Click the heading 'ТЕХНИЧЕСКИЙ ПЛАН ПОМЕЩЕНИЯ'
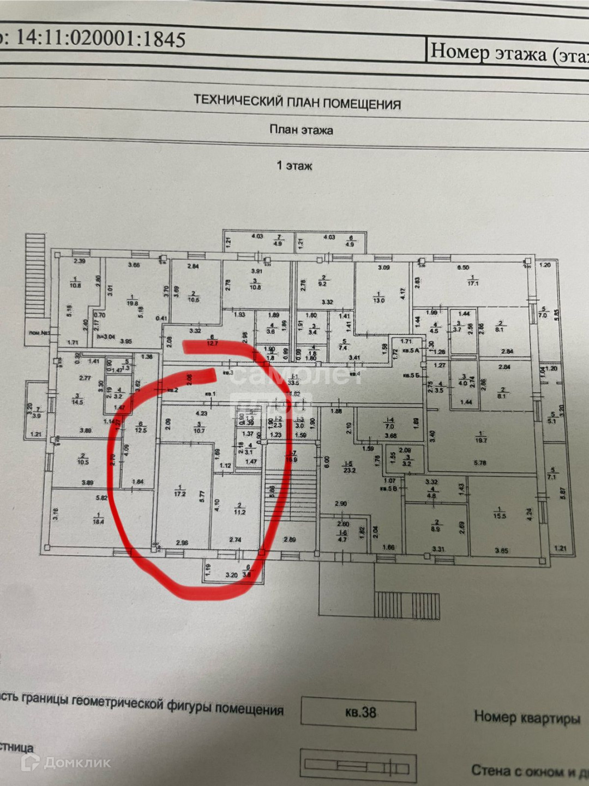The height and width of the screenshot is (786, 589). pyautogui.click(x=297, y=102)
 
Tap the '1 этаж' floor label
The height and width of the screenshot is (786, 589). pyautogui.click(x=294, y=165)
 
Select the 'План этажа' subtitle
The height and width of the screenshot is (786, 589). pyautogui.click(x=301, y=130)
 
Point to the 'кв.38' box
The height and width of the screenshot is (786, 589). pyautogui.click(x=360, y=712)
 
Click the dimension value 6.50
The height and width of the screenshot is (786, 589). pyautogui.click(x=462, y=268)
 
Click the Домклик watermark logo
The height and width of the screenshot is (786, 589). pyautogui.click(x=65, y=763)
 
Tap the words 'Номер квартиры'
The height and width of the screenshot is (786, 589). pyautogui.click(x=526, y=717)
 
